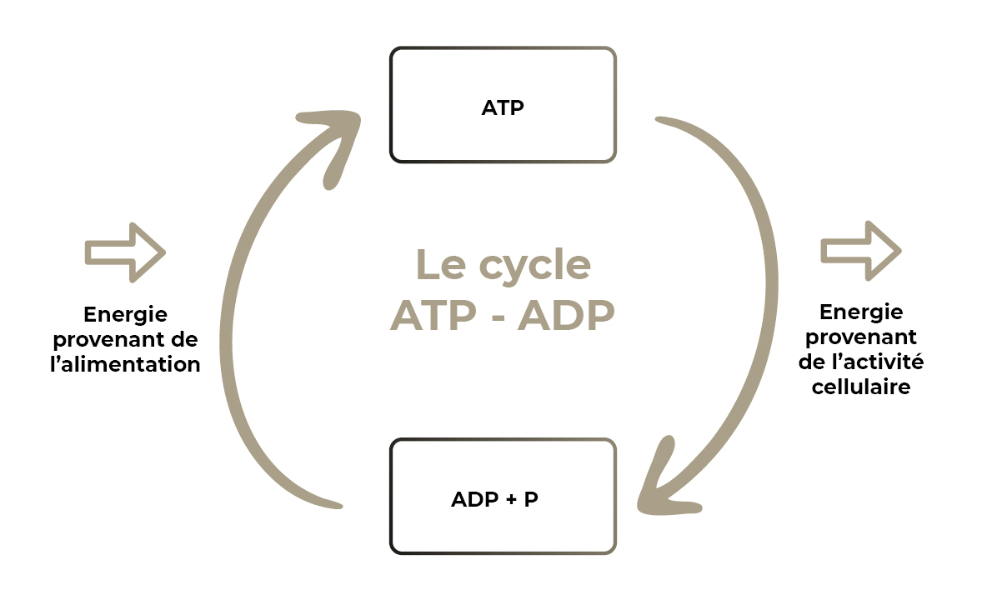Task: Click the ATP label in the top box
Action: click(503, 107)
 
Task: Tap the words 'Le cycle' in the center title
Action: click(504, 265)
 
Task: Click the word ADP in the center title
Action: click(566, 316)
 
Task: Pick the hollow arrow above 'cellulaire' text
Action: click(861, 250)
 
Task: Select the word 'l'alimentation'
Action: click(125, 364)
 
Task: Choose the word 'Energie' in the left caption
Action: click(126, 315)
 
